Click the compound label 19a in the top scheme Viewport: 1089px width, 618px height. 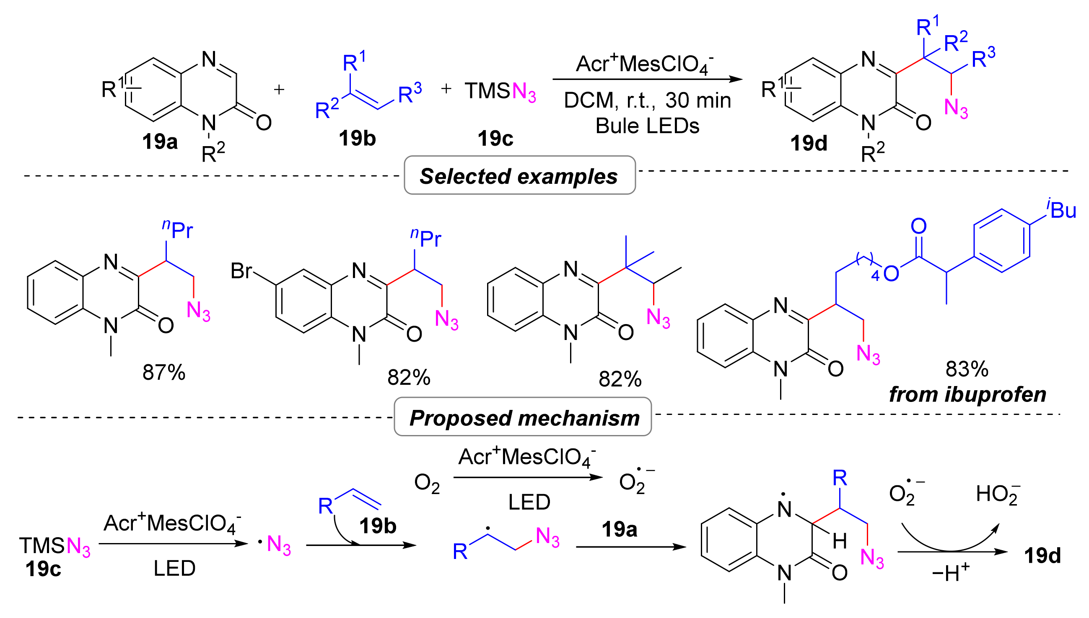pos(160,142)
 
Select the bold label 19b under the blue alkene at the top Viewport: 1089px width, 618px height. pos(357,139)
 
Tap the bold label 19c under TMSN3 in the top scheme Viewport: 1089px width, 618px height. pos(495,139)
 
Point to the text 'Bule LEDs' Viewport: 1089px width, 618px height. pos(647,126)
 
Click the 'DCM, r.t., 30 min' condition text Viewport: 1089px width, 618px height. pos(647,101)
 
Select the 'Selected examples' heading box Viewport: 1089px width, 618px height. pos(519,176)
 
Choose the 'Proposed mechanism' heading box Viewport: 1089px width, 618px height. pos(523,417)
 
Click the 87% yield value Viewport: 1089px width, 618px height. pos(163,373)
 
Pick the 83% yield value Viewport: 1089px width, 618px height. pos(967,369)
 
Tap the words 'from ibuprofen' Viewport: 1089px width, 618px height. pos(967,394)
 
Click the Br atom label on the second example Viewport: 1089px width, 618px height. pos(241,271)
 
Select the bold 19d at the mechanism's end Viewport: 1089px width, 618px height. pos(1042,556)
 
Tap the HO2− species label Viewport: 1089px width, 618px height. pos(997,494)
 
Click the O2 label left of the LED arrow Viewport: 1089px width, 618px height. pos(427,484)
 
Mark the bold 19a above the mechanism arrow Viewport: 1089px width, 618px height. pos(619,529)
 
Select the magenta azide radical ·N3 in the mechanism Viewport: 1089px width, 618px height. pos(276,545)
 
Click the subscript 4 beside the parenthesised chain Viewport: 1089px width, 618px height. pos(875,276)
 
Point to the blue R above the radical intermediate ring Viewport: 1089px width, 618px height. pos(840,478)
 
